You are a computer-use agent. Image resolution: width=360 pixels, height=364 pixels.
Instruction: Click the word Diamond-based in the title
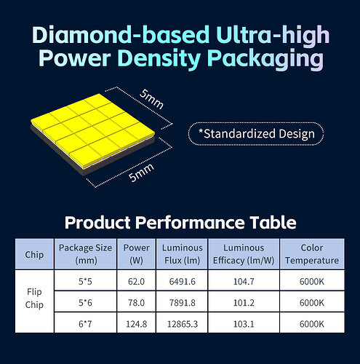[x=121, y=35]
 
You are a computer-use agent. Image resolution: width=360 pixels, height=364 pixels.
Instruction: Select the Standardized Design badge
[x=256, y=134]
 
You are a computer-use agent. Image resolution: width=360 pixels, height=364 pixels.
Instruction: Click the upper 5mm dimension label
[x=151, y=99]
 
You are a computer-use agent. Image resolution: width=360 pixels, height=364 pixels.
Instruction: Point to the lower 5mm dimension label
[x=141, y=173]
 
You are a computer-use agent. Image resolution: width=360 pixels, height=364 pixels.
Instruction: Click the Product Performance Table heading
[x=180, y=222]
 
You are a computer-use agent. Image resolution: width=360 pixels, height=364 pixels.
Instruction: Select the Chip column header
[x=34, y=255]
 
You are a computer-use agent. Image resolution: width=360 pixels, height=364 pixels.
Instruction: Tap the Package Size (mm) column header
[x=85, y=254]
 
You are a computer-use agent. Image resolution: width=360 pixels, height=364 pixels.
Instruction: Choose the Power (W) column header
[x=136, y=254]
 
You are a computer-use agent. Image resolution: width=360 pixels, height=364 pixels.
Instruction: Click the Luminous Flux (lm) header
[x=182, y=254]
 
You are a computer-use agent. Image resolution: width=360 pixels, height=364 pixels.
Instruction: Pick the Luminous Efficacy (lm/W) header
[x=244, y=254]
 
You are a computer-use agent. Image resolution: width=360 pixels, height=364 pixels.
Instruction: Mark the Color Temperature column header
[x=312, y=254]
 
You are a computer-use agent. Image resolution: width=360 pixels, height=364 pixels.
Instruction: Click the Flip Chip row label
[x=34, y=298]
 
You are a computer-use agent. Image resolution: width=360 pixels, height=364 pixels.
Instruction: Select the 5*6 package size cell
[x=85, y=303]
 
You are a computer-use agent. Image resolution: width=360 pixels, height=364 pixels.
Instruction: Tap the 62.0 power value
[x=136, y=282]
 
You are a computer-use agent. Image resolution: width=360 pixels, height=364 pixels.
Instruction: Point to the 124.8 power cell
[x=136, y=324]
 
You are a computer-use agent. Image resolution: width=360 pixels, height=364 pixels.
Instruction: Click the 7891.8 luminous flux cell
[x=183, y=303]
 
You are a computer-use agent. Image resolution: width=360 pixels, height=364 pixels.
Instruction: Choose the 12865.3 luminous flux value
[x=183, y=324]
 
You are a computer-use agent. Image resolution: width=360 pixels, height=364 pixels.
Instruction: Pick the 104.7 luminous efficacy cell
[x=244, y=282]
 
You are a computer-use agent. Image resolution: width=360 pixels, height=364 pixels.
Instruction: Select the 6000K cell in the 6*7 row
[x=312, y=324]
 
